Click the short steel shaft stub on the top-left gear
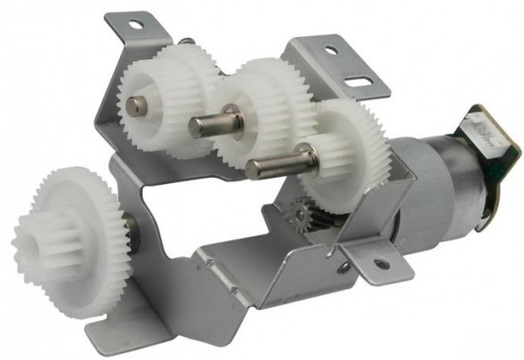[x=135, y=105]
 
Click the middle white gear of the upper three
[x=260, y=108]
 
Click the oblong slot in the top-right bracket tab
[x=359, y=85]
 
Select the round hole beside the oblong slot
[x=331, y=51]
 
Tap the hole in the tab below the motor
[x=381, y=264]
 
